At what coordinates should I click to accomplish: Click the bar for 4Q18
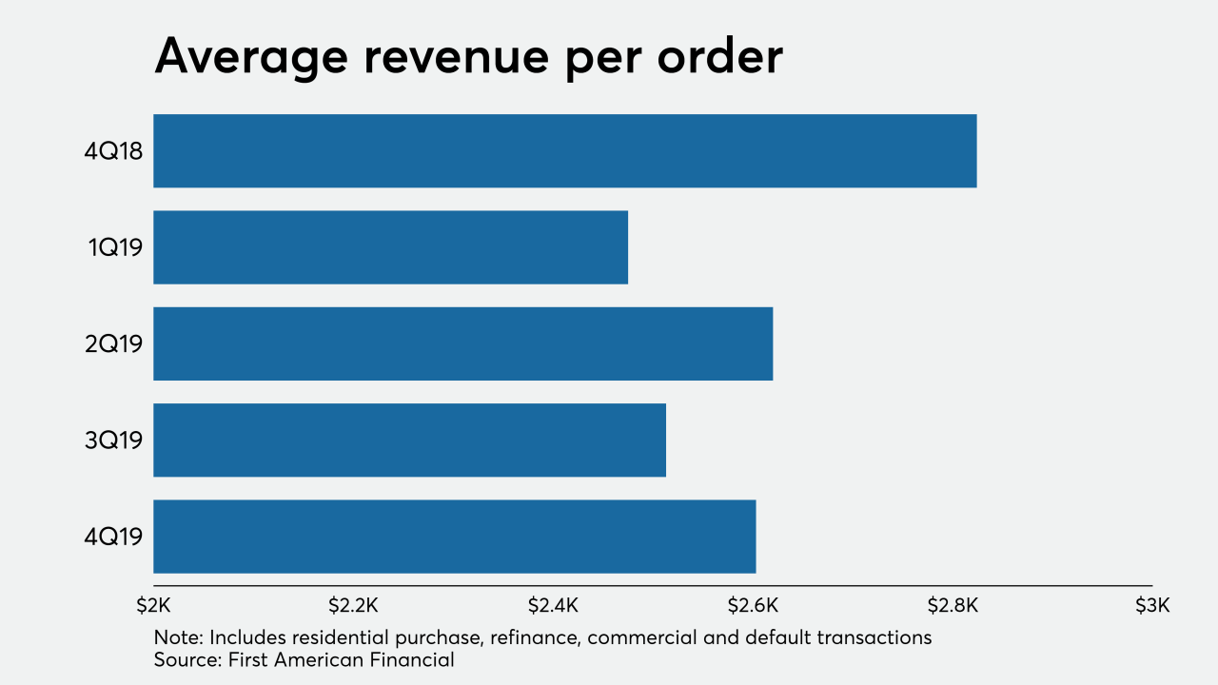(564, 150)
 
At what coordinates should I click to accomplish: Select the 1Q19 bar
(390, 247)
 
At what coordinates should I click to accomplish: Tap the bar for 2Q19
(462, 343)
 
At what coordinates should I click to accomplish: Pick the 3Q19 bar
(409, 440)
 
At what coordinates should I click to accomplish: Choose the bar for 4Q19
(454, 537)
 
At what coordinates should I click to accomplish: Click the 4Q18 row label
(113, 151)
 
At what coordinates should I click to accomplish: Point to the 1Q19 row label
(115, 247)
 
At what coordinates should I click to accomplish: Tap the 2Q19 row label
(113, 343)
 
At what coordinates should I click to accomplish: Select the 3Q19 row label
(113, 440)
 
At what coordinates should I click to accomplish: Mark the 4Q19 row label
(113, 537)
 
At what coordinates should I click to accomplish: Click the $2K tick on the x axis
(153, 606)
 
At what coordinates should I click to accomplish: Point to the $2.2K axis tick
(353, 606)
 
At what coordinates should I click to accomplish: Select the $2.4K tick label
(553, 606)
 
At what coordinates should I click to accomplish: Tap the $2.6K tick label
(753, 606)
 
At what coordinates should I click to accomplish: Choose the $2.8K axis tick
(953, 606)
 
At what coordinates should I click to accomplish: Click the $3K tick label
(1151, 606)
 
